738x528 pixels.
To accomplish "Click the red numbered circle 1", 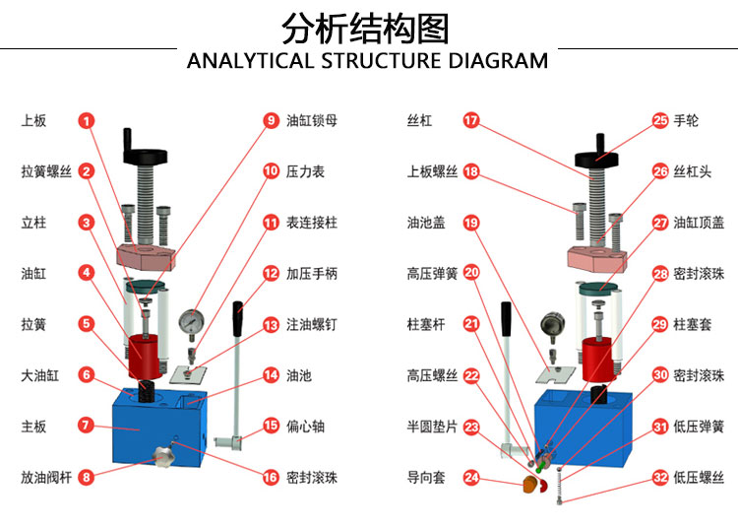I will pos(87,121).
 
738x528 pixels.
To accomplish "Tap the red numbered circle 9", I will pos(271,121).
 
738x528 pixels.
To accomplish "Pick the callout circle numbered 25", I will pos(660,121).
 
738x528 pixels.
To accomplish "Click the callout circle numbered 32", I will pos(660,478).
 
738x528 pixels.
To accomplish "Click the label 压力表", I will pos(305,171).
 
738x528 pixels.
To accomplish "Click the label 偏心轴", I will pos(305,427).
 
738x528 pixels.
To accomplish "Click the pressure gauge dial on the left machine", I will pos(192,323).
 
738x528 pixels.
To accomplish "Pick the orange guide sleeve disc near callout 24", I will pos(530,484).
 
